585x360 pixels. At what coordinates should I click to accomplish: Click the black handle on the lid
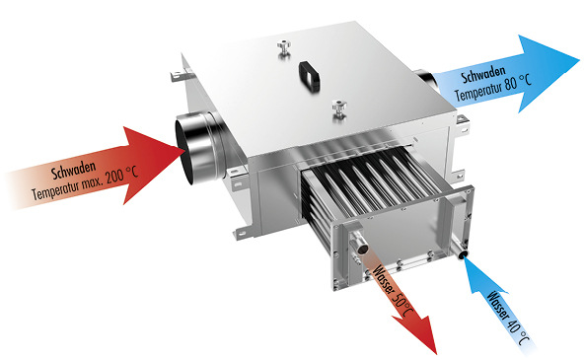coord(310,76)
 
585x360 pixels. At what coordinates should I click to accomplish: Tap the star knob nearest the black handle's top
coord(284,49)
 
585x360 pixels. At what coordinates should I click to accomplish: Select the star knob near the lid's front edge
coord(339,108)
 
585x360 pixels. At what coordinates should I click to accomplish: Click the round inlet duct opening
coord(185,150)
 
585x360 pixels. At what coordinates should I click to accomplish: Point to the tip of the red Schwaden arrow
coord(185,150)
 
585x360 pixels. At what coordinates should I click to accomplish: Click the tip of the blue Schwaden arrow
coord(579,60)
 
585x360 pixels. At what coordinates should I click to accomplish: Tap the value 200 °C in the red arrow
coord(121,176)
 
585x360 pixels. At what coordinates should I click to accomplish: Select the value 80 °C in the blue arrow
coord(518,84)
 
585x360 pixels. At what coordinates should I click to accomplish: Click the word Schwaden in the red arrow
coord(74,171)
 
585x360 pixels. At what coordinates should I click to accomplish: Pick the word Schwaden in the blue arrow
coord(483,75)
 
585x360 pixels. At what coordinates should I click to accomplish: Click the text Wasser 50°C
coord(394,290)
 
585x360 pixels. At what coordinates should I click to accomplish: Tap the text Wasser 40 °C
coord(508,318)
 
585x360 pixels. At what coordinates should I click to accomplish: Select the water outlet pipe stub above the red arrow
coord(359,243)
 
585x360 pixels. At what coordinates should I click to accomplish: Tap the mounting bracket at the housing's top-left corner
coord(182,74)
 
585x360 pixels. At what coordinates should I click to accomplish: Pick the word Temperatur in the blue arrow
coord(477,91)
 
